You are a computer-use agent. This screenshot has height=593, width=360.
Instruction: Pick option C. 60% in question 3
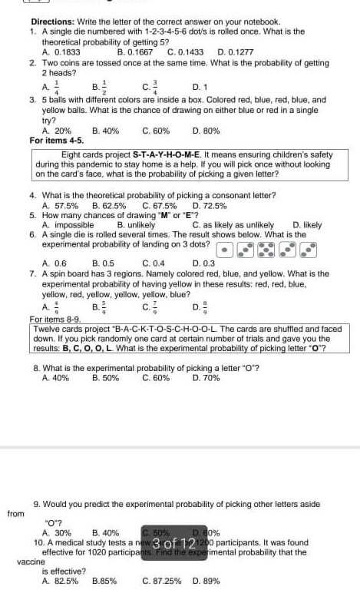point(156,131)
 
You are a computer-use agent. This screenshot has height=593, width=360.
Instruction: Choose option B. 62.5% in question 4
point(107,206)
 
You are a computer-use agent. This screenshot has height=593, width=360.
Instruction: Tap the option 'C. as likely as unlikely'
point(230,225)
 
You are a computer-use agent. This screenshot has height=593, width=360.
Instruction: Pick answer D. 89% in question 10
point(206,581)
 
